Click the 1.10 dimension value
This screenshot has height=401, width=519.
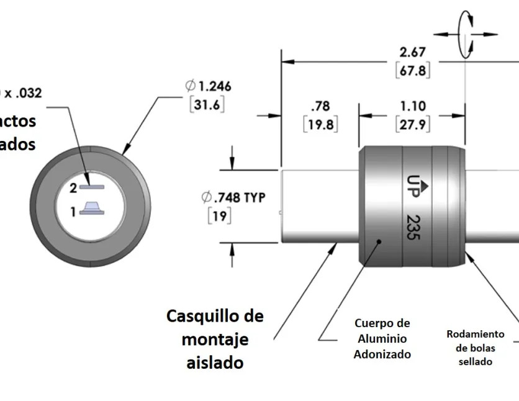point(413,106)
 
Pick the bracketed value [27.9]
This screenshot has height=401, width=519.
point(413,124)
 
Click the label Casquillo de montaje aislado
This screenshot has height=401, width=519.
point(215,339)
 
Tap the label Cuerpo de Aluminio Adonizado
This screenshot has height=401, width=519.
point(382,338)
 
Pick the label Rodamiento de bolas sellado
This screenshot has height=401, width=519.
point(476,347)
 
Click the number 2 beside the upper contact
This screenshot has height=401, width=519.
point(73,187)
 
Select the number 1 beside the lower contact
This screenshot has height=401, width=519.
point(73,212)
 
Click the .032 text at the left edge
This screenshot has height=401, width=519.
point(25,93)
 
